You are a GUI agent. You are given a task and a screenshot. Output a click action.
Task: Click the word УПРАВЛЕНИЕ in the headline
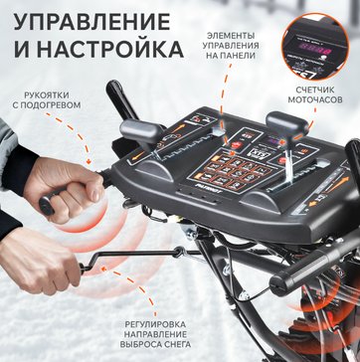tap(91, 23)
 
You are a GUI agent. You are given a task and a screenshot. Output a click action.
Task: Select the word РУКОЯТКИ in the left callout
tap(47, 95)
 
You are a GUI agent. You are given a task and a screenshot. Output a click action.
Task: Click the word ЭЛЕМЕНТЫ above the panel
tap(231, 36)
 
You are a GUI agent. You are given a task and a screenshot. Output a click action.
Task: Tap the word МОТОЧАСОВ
tap(315, 99)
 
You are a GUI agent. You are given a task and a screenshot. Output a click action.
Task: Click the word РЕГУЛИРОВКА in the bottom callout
tap(155, 324)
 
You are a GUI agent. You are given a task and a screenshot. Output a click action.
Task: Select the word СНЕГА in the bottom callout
tap(177, 344)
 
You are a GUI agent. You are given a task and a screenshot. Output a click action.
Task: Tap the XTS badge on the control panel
tap(256, 152)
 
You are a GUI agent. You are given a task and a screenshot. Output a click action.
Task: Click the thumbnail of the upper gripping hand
tap(95, 197)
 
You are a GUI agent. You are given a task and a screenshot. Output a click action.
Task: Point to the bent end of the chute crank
tap(83, 267)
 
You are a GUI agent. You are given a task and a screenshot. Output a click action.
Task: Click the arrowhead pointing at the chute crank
tap(104, 269)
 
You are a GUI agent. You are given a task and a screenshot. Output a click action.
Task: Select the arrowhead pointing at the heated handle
tap(89, 161)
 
